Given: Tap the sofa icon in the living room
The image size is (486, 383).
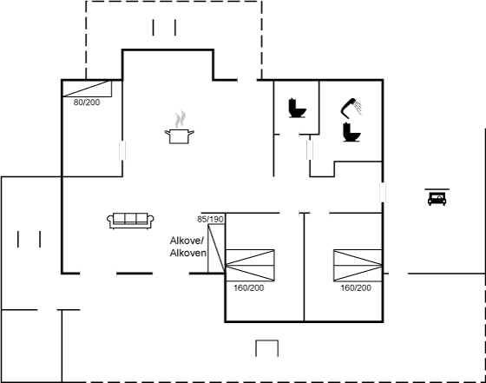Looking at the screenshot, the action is click(130, 221).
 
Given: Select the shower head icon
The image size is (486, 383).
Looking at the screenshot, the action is click(351, 108).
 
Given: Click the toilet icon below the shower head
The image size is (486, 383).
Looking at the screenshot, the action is click(351, 132).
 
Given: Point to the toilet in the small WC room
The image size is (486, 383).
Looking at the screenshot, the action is click(297, 108).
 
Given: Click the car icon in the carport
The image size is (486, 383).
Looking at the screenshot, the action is click(437, 198).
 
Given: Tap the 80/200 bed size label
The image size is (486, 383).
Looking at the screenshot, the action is click(87, 102).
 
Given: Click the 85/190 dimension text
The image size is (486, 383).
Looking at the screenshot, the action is click(210, 219).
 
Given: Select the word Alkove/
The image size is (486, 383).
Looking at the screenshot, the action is click(187, 241).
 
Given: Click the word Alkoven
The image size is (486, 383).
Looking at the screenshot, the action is click(187, 253).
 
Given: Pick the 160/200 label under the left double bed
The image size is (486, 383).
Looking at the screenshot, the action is click(248, 287).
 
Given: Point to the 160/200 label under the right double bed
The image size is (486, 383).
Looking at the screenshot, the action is click(356, 287).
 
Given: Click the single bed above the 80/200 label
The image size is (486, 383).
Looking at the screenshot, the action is click(87, 89).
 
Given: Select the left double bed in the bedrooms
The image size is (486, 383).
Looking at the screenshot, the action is click(250, 266).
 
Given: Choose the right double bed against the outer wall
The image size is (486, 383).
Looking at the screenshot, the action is click(358, 266).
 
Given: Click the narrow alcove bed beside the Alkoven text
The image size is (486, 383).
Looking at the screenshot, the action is click(216, 248).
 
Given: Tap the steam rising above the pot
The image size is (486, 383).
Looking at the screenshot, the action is click(181, 119).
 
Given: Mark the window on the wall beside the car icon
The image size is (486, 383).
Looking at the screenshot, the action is click(383, 192).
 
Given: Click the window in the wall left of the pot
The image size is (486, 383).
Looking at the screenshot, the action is click(122, 150).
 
